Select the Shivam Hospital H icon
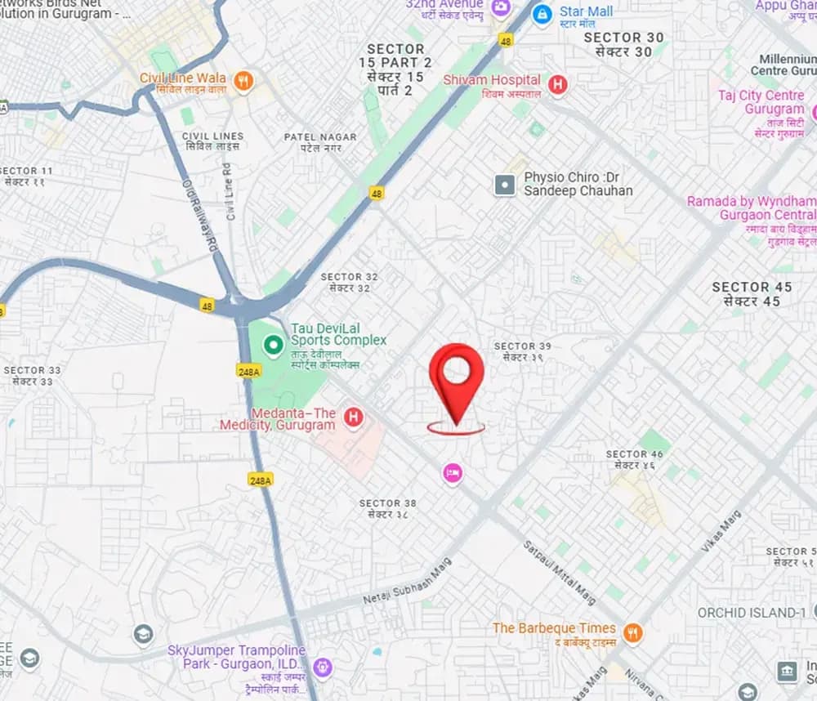click(x=557, y=83)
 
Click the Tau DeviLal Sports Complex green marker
click(x=272, y=346)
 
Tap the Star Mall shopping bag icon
click(x=542, y=14)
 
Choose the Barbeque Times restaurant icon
click(x=632, y=632)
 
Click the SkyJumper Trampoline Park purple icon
click(x=323, y=668)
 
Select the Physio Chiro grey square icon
click(x=505, y=185)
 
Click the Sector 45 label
click(x=752, y=293)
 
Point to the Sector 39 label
click(x=522, y=351)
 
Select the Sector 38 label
click(x=387, y=508)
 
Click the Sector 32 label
click(x=350, y=282)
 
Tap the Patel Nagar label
click(x=319, y=142)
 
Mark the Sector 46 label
click(x=633, y=459)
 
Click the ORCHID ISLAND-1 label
click(x=752, y=612)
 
